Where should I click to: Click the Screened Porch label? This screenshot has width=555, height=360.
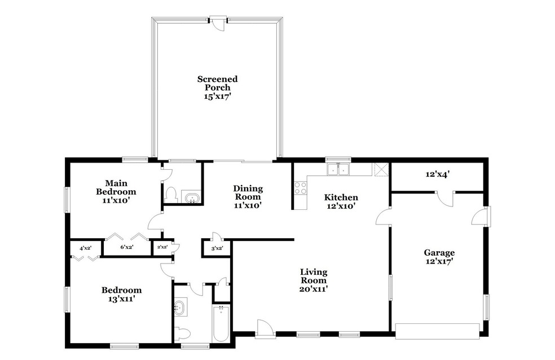tap(217, 87)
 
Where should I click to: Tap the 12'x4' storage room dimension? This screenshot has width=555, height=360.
tap(438, 174)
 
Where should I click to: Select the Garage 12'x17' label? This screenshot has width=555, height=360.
tap(439, 257)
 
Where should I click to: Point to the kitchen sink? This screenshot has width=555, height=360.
tap(338, 169)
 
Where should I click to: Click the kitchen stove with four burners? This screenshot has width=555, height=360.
tap(301, 187)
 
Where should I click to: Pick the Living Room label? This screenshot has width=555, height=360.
tap(314, 280)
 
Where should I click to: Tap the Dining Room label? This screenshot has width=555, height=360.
tap(248, 197)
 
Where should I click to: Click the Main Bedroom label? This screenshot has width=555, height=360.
tap(116, 192)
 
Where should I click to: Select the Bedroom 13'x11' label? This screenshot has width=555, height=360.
tap(121, 295)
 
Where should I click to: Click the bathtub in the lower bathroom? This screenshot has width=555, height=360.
tap(221, 323)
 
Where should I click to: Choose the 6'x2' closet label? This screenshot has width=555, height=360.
tap(126, 248)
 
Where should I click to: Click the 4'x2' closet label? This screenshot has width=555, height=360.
tap(85, 248)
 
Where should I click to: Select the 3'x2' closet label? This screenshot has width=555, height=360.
tap(217, 248)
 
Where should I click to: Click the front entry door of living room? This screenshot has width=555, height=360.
tap(265, 329)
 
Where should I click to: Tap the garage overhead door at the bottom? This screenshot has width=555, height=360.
tap(438, 331)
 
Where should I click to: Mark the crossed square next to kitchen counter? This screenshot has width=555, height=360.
tap(381, 169)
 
